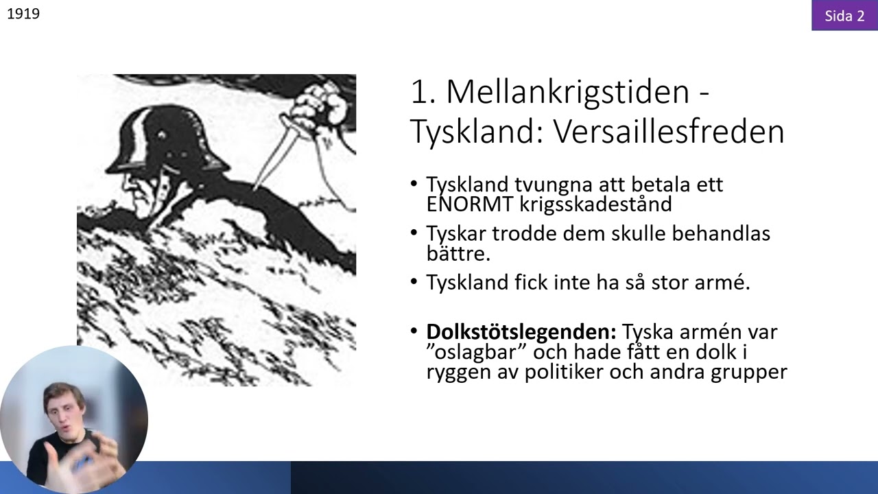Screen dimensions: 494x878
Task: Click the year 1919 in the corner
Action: coord(23,14)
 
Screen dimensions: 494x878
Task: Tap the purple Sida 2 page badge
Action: coord(844,16)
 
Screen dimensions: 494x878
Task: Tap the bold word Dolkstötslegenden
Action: coord(521,332)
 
